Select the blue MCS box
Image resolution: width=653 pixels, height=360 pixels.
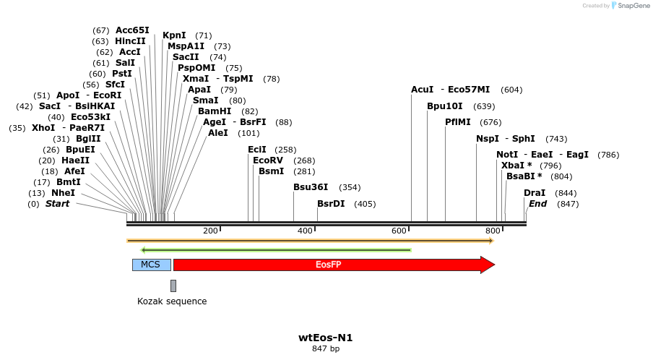(x=151, y=265)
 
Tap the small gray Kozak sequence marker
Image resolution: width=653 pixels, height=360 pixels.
(x=173, y=286)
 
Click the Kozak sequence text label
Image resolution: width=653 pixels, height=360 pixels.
(x=172, y=301)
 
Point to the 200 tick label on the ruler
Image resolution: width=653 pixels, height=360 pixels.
(x=210, y=231)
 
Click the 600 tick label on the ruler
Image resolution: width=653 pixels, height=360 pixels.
(x=399, y=231)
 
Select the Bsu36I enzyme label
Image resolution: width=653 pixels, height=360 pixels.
(x=311, y=187)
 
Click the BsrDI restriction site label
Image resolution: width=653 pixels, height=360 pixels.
(x=331, y=204)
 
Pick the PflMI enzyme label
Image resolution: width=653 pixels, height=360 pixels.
(x=463, y=122)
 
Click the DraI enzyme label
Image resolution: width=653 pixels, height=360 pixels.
(x=535, y=193)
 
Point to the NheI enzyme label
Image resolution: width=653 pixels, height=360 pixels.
(x=63, y=193)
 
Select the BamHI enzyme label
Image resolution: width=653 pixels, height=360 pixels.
(x=215, y=111)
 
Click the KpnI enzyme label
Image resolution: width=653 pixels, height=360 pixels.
(x=174, y=35)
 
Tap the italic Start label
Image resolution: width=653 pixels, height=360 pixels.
(x=57, y=204)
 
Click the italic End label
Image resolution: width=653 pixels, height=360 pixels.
(x=537, y=204)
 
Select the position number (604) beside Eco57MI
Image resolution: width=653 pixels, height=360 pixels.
(x=511, y=90)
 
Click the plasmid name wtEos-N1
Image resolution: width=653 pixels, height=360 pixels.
(x=326, y=338)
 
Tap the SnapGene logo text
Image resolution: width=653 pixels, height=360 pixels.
(x=633, y=6)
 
